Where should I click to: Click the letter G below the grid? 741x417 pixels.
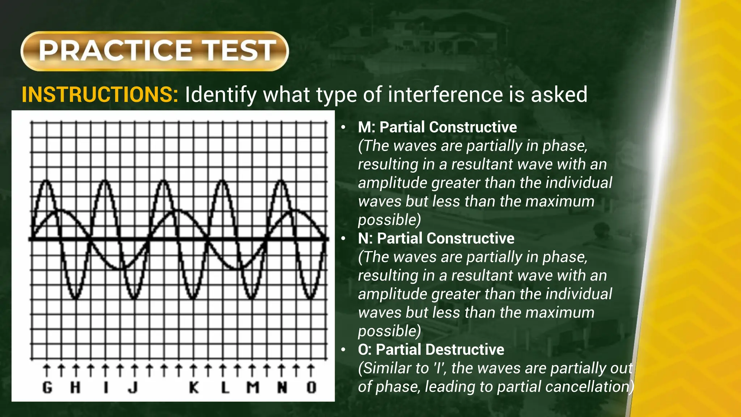coord(47,388)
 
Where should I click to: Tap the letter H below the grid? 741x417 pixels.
coord(75,388)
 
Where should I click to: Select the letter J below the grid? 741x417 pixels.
coord(134,388)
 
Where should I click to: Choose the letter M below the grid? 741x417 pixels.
coord(253,388)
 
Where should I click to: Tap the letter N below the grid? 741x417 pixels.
coord(282,388)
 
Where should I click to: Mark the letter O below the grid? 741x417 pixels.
coord(311,388)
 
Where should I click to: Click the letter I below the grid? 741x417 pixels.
coord(106,388)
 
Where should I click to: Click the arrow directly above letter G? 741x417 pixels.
coord(47,371)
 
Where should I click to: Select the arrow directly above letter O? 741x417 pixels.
coord(311,371)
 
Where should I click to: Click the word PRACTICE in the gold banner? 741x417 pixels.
coord(115,51)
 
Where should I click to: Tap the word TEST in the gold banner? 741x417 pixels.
coord(238,51)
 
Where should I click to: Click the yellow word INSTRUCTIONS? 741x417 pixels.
coord(100,95)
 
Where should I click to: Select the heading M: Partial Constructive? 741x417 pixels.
coord(437,127)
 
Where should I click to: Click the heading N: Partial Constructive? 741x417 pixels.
coord(436,239)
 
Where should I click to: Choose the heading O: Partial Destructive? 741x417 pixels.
coord(431,350)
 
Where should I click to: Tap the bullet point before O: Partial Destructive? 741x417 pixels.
coord(343,350)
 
